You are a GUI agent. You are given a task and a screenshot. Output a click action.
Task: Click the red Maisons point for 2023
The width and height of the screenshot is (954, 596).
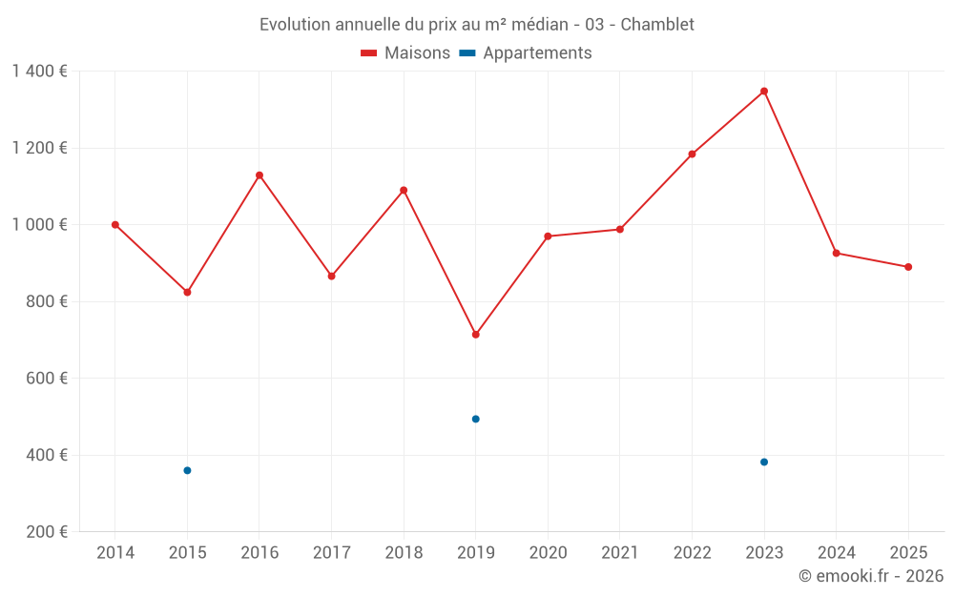[x=764, y=92]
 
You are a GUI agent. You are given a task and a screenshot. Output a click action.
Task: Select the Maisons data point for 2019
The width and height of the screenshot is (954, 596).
[x=476, y=335]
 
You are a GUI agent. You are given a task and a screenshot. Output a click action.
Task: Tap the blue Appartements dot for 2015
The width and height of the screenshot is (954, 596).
[x=187, y=470]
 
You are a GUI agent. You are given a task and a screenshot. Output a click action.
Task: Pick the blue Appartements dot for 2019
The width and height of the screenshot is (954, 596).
[x=476, y=419]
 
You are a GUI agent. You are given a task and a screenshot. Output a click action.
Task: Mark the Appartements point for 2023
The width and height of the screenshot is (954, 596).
[x=764, y=462]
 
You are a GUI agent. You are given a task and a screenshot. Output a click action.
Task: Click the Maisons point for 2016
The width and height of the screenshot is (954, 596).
[x=259, y=175]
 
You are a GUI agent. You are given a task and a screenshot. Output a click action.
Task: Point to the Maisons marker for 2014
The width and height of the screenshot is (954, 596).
[x=115, y=225]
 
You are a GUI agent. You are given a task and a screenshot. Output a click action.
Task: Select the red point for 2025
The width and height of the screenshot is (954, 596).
[x=908, y=267]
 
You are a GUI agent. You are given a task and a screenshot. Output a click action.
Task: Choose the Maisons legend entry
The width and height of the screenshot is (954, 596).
[x=405, y=53]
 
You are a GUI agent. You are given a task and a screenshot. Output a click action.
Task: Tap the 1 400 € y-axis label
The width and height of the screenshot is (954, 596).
[x=40, y=72]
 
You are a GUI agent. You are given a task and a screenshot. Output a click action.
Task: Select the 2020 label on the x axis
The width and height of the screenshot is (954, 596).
[x=548, y=553]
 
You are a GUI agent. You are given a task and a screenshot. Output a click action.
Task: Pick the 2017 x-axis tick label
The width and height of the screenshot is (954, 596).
[x=331, y=553]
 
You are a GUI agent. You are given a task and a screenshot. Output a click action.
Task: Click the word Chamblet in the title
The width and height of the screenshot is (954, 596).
[x=657, y=25]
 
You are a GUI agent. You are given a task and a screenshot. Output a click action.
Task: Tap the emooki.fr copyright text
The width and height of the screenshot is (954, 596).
[x=871, y=576]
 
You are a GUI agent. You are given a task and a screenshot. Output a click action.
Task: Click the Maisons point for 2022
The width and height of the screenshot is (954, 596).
[x=692, y=154]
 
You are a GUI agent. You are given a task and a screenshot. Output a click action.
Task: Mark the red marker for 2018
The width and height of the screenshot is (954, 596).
[x=404, y=190]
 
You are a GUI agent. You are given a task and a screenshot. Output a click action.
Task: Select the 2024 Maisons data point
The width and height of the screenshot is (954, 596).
[x=836, y=253]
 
